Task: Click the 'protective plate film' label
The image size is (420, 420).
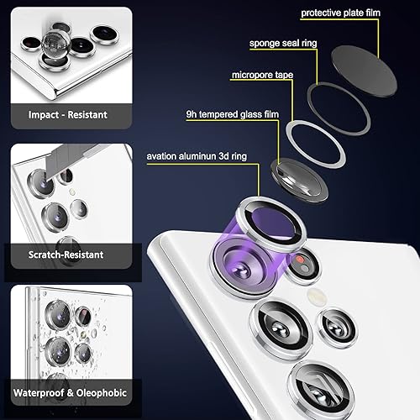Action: pyautogui.click(x=353, y=13)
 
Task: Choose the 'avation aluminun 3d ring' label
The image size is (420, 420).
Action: pyautogui.click(x=207, y=155)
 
